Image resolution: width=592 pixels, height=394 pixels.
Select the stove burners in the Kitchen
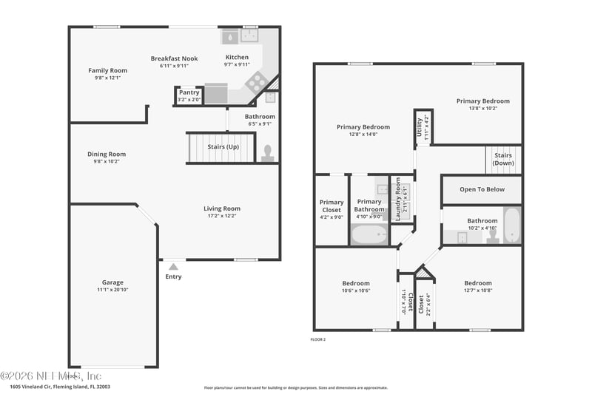(256, 81)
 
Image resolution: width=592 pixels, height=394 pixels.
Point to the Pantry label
(189, 92)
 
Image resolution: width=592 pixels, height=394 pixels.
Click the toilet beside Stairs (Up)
(267, 153)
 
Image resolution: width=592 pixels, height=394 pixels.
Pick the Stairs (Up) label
(223, 147)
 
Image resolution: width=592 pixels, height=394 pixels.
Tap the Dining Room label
(107, 154)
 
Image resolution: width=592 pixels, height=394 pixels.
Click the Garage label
(112, 282)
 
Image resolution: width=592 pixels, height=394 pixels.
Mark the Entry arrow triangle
(173, 267)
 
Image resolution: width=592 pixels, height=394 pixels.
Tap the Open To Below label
(482, 189)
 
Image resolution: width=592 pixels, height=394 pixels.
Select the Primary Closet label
(332, 206)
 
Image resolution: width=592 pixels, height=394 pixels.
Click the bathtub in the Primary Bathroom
(369, 234)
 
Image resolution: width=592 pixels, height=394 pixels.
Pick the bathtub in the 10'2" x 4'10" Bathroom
(511, 225)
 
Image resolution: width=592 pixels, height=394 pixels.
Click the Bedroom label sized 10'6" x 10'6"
(355, 283)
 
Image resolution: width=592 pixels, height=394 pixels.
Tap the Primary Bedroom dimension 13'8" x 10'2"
(482, 109)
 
